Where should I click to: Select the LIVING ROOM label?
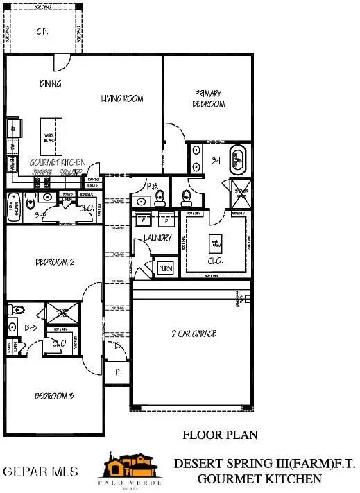click(122, 98)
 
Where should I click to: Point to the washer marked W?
click(144, 220)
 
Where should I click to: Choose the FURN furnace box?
click(165, 268)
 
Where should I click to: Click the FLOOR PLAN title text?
click(220, 435)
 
